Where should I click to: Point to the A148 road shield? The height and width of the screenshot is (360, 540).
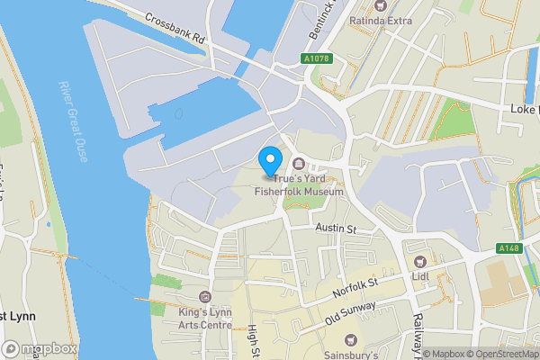(509, 247)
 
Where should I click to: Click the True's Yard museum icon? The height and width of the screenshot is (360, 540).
(299, 163)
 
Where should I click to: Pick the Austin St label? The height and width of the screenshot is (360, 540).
(336, 229)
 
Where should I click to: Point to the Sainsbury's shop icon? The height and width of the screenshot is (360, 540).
(351, 339)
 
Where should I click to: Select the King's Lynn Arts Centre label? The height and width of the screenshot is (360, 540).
(205, 318)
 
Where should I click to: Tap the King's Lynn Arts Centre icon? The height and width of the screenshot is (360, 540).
(205, 297)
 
